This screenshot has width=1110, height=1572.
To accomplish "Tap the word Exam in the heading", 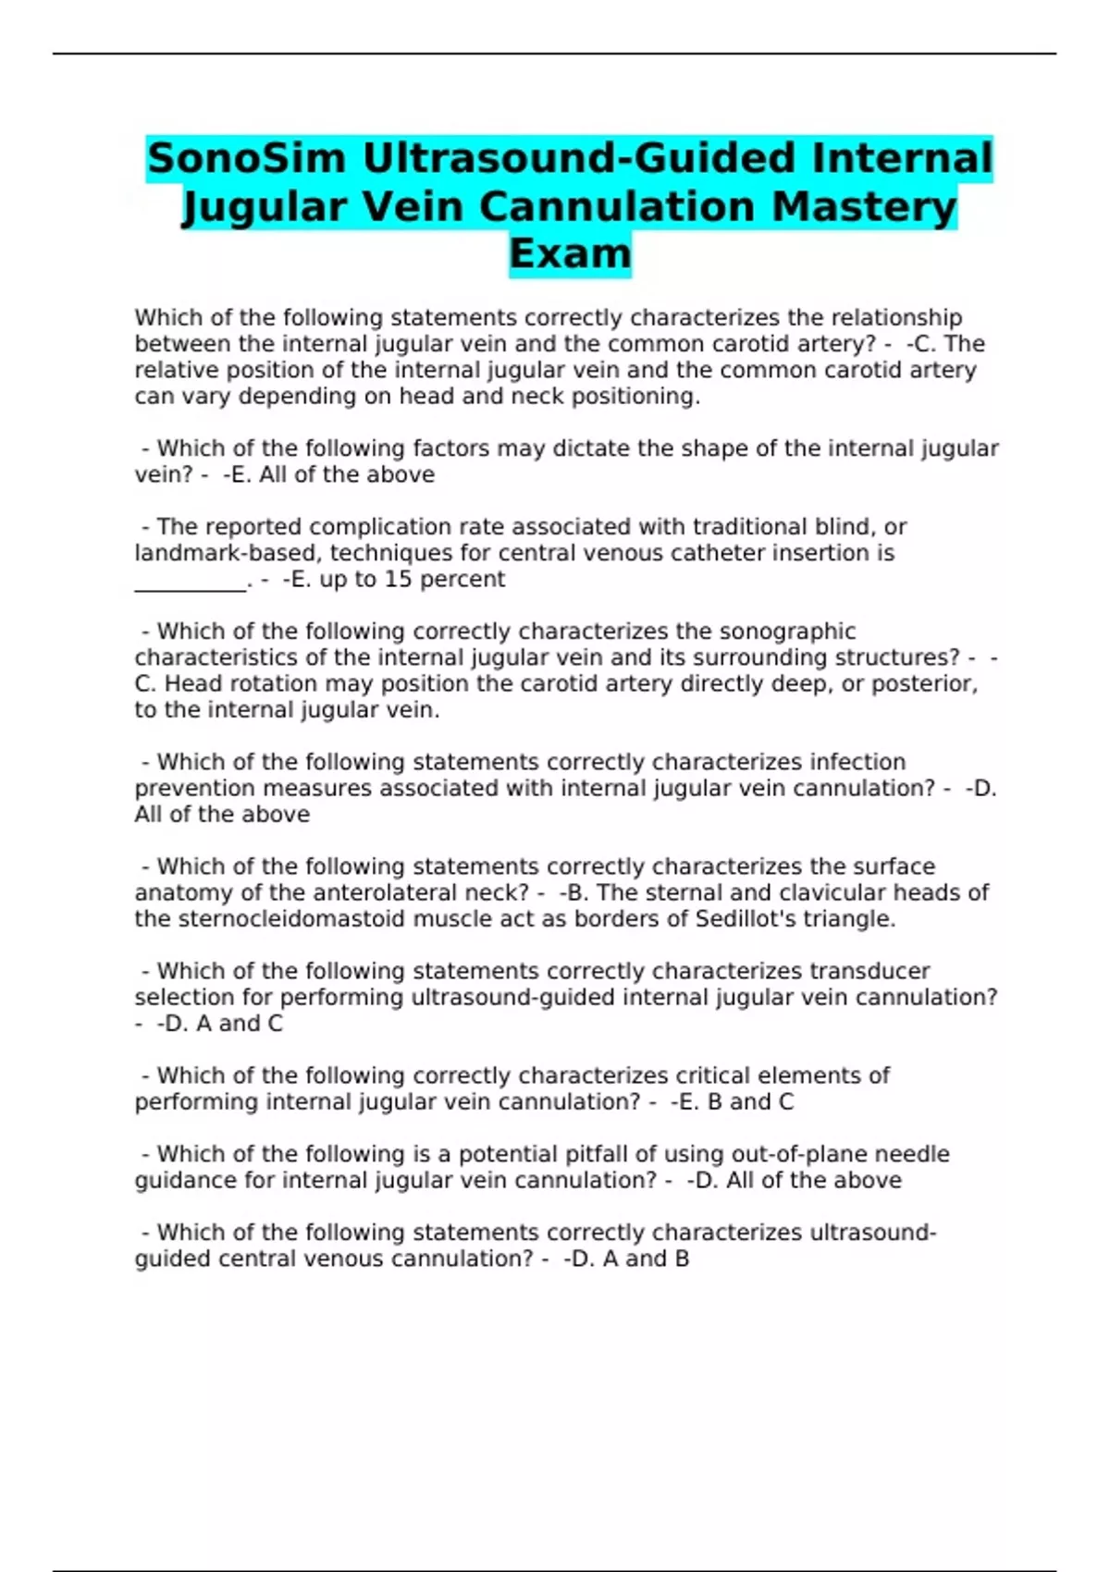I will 570,253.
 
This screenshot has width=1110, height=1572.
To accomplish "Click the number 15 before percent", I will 398,580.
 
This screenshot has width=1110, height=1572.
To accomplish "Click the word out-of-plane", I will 799,1154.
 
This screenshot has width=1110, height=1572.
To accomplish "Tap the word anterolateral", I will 395,893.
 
